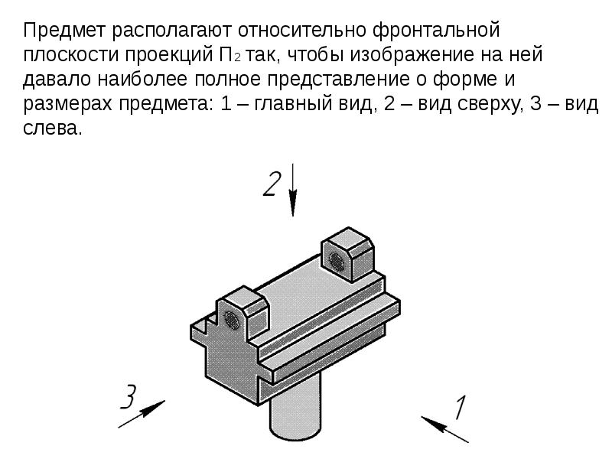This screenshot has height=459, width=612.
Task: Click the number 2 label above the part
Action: [x=272, y=184]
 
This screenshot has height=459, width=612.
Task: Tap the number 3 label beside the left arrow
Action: [x=129, y=396]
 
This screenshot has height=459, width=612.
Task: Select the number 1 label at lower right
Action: [x=461, y=408]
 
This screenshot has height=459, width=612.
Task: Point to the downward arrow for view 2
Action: [x=293, y=190]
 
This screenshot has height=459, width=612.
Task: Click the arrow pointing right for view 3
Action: [x=142, y=414]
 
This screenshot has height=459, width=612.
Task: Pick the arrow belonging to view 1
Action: [x=444, y=429]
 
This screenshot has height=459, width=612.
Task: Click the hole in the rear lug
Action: [x=337, y=261]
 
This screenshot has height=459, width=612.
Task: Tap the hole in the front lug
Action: [x=233, y=320]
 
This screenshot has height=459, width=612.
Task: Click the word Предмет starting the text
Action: [x=64, y=31]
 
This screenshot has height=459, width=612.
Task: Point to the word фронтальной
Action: [x=436, y=31]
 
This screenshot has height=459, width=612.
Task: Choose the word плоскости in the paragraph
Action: [x=71, y=55]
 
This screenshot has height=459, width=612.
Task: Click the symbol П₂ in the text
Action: [x=227, y=55]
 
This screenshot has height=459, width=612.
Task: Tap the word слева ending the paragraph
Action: [x=53, y=129]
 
